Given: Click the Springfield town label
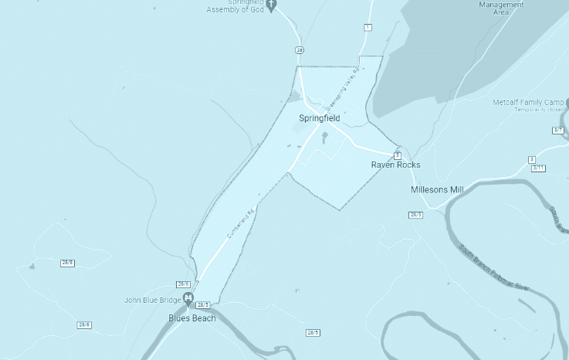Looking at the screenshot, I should [320, 119].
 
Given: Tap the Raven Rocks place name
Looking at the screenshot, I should [395, 165].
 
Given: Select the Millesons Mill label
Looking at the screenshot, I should [436, 189].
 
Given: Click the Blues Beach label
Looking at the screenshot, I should [192, 318].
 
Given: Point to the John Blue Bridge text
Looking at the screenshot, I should [153, 300].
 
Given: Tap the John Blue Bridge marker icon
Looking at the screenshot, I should [188, 301].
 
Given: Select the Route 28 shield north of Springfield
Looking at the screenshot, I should [300, 49].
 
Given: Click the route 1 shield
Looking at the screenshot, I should [367, 28].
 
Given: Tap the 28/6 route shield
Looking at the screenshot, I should [67, 263].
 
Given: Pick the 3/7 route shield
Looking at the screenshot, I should [559, 131].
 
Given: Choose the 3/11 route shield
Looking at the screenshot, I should [538, 168].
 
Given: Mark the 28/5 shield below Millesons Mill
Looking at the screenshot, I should [416, 214].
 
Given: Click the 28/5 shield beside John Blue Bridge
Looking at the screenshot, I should [202, 305].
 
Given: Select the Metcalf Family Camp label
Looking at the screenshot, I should [528, 102].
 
